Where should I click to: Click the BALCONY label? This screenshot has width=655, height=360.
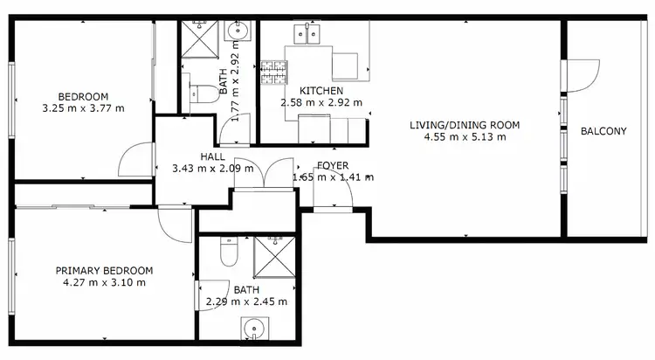pos(603,132)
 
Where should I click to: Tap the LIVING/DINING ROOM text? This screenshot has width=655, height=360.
pos(465,125)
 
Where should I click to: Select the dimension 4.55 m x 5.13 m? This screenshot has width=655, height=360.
pos(465,137)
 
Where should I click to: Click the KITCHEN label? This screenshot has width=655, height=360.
pos(321,90)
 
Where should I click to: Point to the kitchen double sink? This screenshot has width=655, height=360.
pos(307,35)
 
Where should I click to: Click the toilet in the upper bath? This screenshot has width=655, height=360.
pos(203,93)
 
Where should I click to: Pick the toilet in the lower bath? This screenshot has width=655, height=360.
pos(230,253)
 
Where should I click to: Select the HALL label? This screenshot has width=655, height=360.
pos(213,157)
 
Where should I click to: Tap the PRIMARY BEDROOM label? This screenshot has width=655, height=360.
pos(104,270)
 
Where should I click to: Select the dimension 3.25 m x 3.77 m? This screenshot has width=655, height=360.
pos(83,108)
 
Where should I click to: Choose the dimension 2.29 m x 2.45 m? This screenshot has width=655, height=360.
pos(245,302)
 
